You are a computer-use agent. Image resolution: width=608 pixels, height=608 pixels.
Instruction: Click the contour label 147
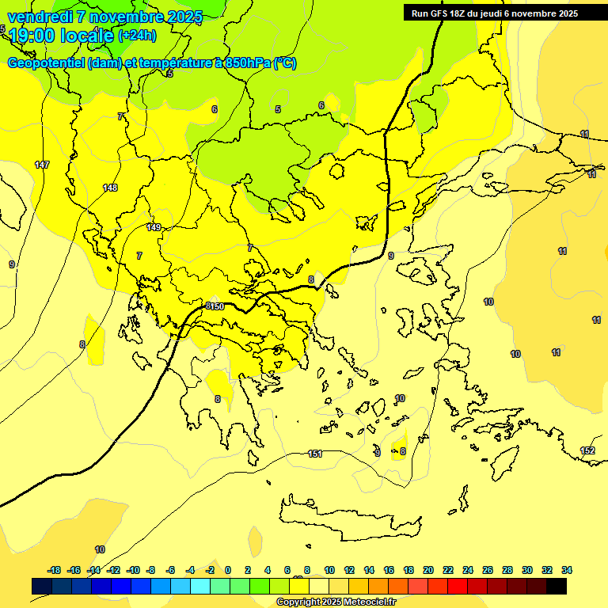point(42,165)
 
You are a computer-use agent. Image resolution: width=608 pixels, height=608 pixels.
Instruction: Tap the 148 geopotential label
point(110,188)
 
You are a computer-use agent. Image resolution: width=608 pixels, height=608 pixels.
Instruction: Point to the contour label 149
point(154,227)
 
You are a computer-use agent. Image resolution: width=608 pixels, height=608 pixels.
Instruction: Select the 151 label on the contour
point(315,454)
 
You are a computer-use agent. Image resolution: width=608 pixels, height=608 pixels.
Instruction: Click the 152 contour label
point(587,450)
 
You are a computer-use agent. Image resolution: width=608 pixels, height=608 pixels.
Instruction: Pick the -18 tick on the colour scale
point(55,570)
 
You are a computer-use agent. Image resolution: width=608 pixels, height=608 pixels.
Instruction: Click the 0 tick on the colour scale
point(228,570)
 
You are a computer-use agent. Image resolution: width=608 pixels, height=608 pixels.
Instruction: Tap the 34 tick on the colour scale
point(567,570)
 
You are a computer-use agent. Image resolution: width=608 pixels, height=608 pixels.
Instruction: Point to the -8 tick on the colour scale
point(150,570)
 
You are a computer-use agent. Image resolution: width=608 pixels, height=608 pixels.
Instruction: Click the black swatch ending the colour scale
point(557,586)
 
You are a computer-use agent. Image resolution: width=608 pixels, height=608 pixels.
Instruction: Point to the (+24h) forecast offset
point(137,35)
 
